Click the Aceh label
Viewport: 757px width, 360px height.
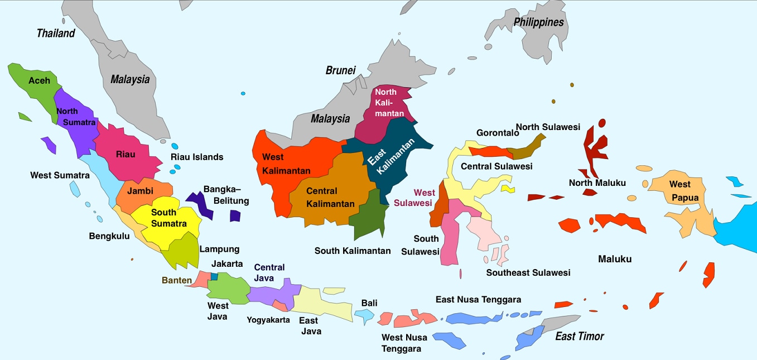[x=39, y=80]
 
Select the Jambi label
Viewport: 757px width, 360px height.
[x=140, y=191]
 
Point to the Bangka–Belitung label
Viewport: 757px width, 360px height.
[x=226, y=195]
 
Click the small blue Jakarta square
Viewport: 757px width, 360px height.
[x=214, y=276]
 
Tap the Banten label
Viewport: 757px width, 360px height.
[x=177, y=280]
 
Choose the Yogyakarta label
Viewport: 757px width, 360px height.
[x=268, y=320]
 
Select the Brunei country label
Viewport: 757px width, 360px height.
[x=340, y=70]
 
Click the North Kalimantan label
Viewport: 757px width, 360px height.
[x=386, y=103]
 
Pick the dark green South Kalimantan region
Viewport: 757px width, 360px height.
[x=368, y=218]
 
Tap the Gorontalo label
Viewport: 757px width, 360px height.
[x=494, y=133]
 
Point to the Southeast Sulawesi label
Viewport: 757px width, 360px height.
[x=528, y=273]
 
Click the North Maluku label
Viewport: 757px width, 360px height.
[x=597, y=183]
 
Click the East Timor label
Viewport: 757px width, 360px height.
[x=579, y=336]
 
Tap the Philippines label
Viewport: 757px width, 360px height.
[x=538, y=22]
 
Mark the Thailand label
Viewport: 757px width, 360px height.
[x=56, y=33]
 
